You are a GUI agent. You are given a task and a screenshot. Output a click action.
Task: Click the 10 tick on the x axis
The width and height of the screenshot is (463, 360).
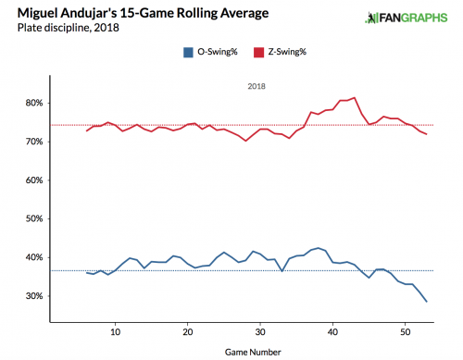tap(115, 331)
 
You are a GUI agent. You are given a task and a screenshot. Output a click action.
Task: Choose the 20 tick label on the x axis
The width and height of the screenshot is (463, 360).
tap(188, 331)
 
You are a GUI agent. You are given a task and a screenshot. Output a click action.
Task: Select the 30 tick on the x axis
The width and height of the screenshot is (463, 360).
tap(260, 331)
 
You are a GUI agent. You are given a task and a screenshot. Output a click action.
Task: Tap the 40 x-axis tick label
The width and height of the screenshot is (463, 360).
tap(332, 331)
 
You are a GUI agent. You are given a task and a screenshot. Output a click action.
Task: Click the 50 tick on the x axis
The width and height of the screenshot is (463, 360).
tap(405, 331)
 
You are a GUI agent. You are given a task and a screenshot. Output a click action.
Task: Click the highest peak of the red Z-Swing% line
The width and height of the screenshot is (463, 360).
tap(355, 97)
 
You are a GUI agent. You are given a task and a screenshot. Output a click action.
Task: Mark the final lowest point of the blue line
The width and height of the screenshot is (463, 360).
tap(427, 302)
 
